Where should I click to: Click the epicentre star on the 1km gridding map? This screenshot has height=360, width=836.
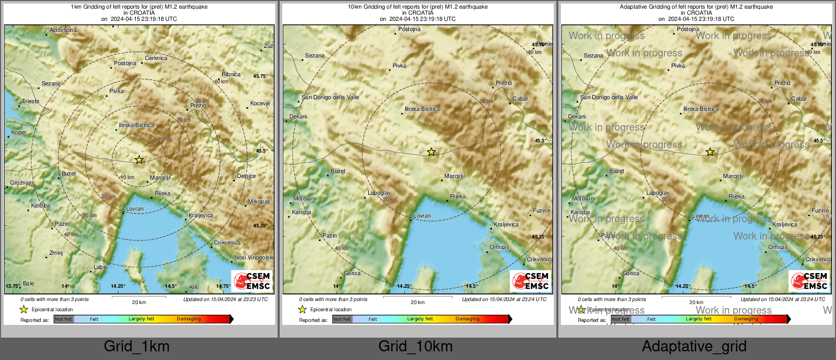click(x=139, y=160)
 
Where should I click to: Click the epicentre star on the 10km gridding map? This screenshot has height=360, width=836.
click(x=431, y=152)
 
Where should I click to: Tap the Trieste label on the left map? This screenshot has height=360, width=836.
click(x=31, y=101)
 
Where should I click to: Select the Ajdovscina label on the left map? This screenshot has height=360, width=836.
click(x=63, y=30)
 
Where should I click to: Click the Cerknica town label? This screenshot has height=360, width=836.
click(x=156, y=58)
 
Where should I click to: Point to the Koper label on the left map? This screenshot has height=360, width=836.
click(x=19, y=132)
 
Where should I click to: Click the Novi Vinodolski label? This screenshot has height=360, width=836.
click(x=253, y=257)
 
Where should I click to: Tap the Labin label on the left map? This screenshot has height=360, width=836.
click(x=100, y=267)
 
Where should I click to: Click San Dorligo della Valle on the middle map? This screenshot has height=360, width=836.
click(x=330, y=97)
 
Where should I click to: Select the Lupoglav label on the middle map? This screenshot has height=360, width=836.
click(x=379, y=193)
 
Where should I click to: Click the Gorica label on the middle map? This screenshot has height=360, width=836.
click(x=352, y=273)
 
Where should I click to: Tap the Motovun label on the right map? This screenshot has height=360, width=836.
click(x=583, y=198)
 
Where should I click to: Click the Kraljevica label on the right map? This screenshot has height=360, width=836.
click(x=785, y=224)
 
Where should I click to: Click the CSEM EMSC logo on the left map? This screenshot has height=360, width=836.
click(x=252, y=281)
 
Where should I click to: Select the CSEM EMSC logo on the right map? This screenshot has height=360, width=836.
click(x=809, y=281)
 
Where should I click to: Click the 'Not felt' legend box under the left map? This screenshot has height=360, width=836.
click(x=64, y=319)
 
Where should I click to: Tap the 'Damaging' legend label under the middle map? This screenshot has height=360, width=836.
click(x=467, y=319)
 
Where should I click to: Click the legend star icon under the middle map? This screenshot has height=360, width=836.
click(x=303, y=309)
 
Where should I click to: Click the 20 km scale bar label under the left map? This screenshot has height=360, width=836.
click(x=139, y=302)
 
